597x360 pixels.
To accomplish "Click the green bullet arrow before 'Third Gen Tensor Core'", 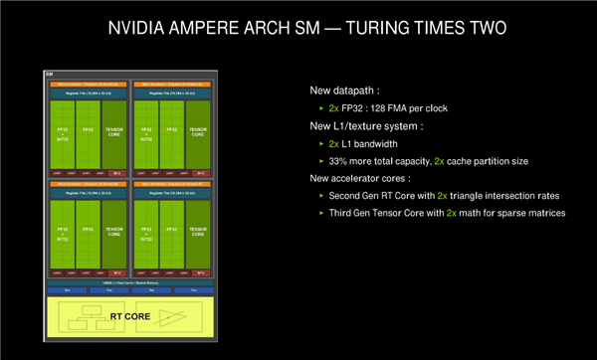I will click(320, 213).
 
